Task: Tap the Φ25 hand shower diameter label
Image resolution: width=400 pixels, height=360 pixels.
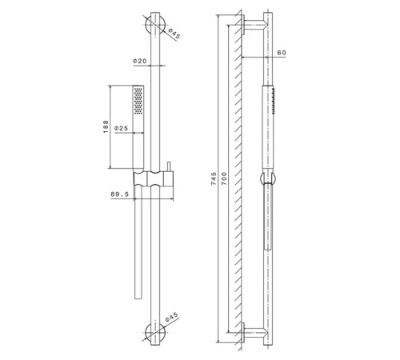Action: (122, 127)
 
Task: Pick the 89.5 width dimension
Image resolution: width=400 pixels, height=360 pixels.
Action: (121, 193)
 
